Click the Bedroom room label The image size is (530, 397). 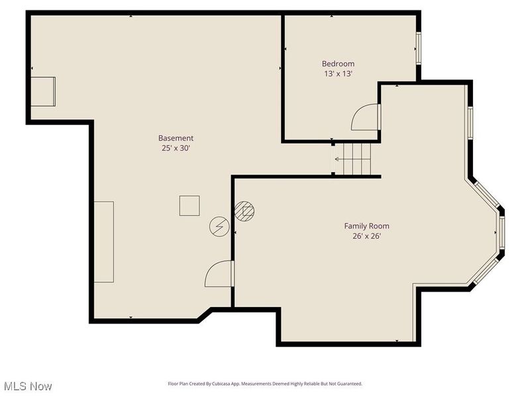[338, 64]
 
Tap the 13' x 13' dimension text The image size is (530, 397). [338, 74]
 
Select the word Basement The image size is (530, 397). [176, 138]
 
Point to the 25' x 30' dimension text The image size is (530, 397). [176, 148]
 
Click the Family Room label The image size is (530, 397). [366, 226]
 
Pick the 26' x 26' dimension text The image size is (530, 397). [366, 236]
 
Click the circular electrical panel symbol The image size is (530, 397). [219, 227]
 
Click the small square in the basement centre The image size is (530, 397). [190, 205]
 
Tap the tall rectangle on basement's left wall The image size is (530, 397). [103, 242]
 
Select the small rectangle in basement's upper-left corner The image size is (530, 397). [45, 91]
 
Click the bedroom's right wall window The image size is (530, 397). [418, 48]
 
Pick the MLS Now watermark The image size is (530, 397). [28, 386]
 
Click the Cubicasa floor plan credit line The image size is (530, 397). [264, 384]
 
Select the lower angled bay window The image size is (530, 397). [487, 272]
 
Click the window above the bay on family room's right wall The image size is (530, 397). [470, 122]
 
